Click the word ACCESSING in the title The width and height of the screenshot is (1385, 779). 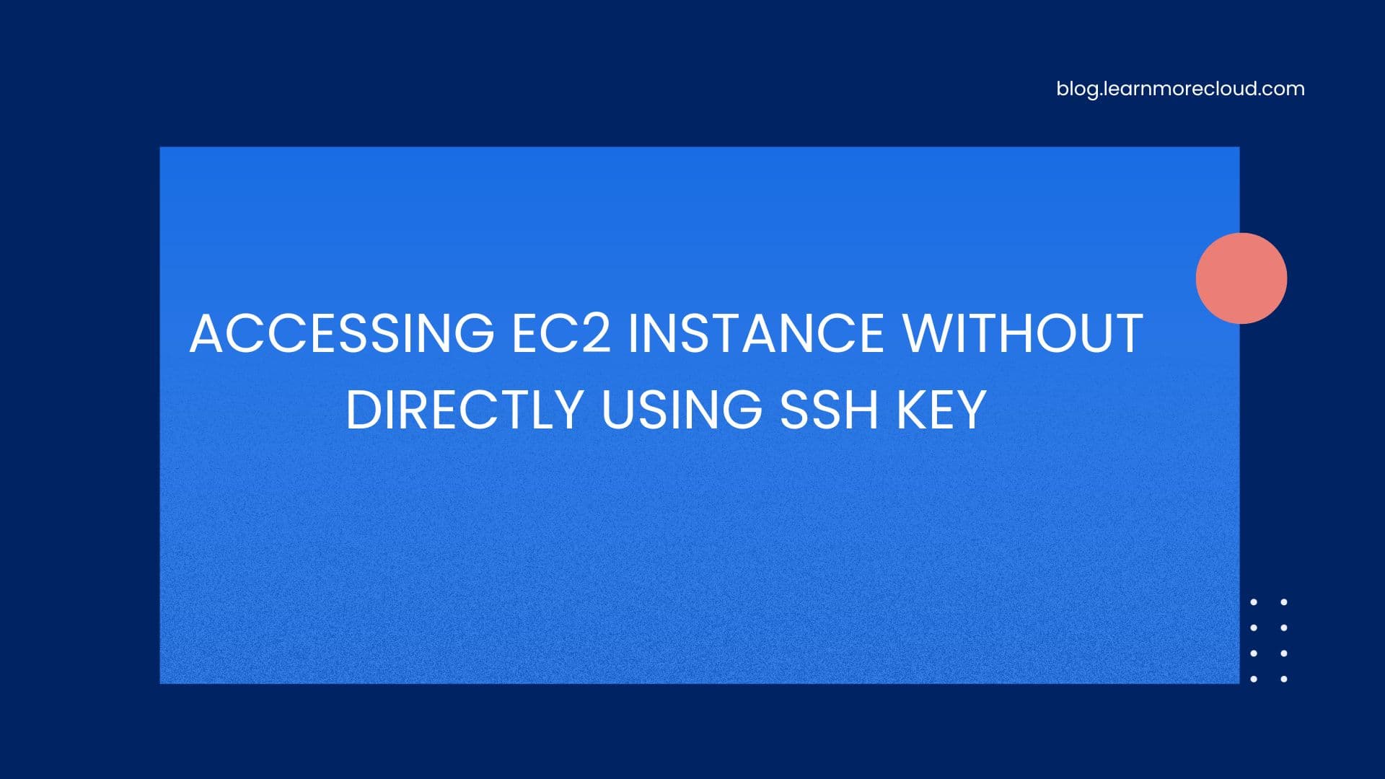click(342, 334)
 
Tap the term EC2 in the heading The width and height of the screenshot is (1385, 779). click(561, 334)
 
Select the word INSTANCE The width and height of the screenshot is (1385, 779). click(756, 334)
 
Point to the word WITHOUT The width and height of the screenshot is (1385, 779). click(1023, 334)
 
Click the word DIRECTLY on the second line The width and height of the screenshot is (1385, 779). click(465, 410)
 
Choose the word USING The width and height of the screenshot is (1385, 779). click(682, 410)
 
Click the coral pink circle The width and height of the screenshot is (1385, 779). click(1241, 278)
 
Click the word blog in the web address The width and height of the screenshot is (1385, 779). click(1077, 89)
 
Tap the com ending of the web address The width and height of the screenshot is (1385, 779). click(1284, 89)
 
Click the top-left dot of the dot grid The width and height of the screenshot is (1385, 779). click(1254, 602)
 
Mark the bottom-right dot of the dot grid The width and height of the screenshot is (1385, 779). click(1284, 679)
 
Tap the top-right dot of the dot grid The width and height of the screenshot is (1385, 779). click(1284, 602)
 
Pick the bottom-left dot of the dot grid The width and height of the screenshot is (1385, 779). click(1254, 679)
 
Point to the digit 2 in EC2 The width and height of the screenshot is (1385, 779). click(596, 334)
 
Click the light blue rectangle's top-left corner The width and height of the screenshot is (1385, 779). click(162, 149)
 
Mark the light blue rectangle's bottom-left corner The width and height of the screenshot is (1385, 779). click(162, 682)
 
